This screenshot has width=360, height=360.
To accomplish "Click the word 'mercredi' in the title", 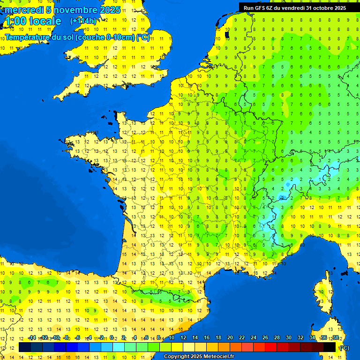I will pyautogui.click(x=23, y=10).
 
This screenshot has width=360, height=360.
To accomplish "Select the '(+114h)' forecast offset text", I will pyautogui.click(x=83, y=21).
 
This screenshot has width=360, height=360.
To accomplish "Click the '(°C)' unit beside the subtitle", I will pyautogui.click(x=143, y=37).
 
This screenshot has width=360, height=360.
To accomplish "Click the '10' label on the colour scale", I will pyautogui.click(x=172, y=338).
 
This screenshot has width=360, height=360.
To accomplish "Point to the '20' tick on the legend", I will pyautogui.click(x=230, y=338).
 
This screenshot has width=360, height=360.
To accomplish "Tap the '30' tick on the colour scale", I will pyautogui.click(x=289, y=338).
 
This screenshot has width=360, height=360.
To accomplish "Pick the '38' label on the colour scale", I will pyautogui.click(x=336, y=338).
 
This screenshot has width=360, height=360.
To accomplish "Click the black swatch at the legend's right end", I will pyautogui.click(x=330, y=347).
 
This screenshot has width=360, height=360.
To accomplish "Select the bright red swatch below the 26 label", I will pyautogui.click(x=271, y=347).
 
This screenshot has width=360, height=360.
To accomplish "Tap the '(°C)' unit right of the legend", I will pyautogui.click(x=344, y=347).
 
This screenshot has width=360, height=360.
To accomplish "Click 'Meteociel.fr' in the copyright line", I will pyautogui.click(x=217, y=357).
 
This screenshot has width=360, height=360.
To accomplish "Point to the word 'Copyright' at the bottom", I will pyautogui.click(x=177, y=357).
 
